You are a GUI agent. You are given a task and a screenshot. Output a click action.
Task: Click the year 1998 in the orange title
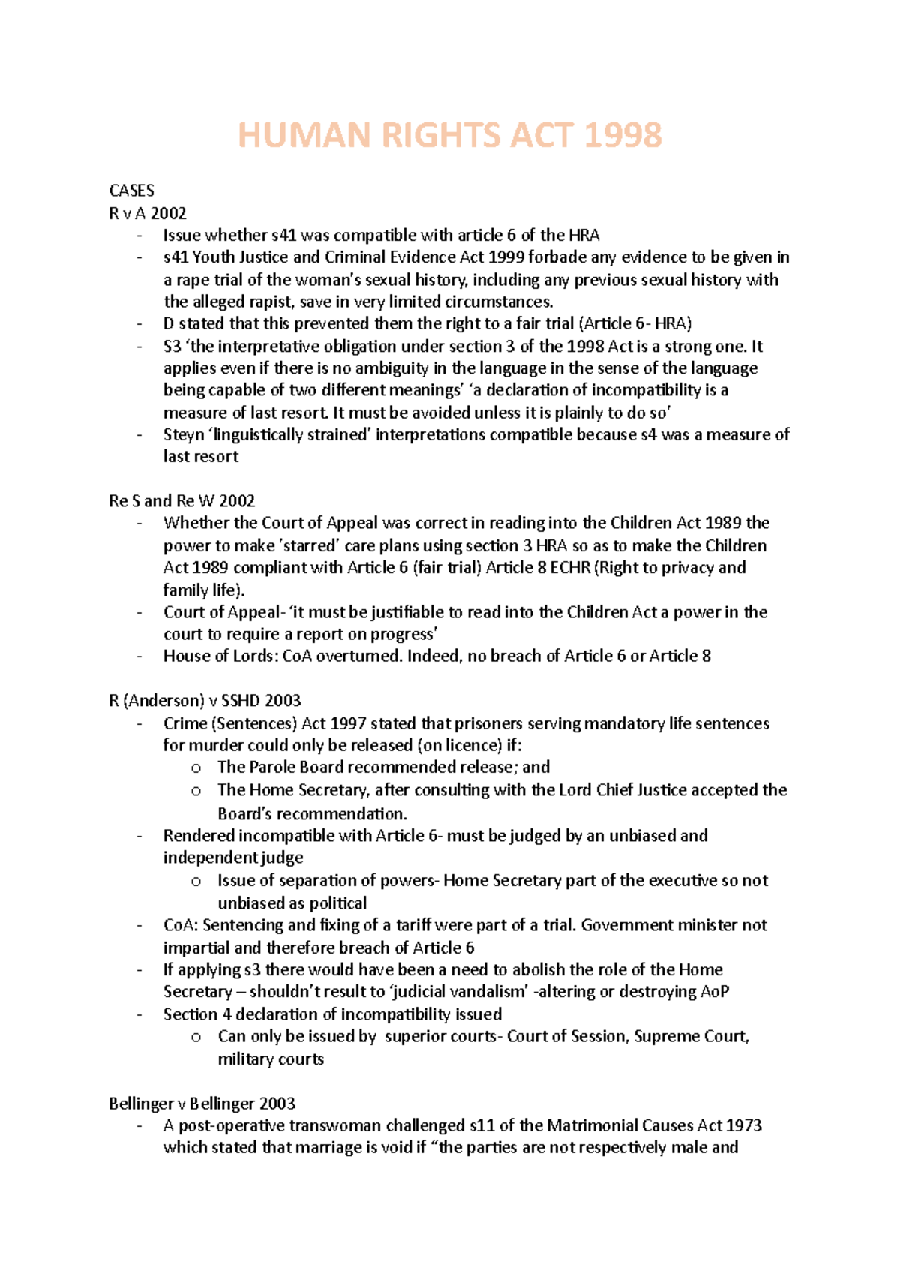pyautogui.click(x=622, y=136)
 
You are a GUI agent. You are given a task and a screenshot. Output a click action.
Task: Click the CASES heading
pyautogui.click(x=131, y=191)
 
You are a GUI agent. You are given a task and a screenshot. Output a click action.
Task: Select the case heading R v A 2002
pyautogui.click(x=148, y=213)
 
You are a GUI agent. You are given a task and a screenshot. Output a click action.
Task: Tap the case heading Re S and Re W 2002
pyautogui.click(x=181, y=501)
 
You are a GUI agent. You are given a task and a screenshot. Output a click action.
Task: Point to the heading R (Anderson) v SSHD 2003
pyautogui.click(x=205, y=701)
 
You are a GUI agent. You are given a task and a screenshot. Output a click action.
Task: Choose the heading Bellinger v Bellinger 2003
pyautogui.click(x=202, y=1104)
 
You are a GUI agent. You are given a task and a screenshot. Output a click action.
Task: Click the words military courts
pyautogui.click(x=271, y=1059)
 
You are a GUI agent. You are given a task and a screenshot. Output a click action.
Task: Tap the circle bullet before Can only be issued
pyautogui.click(x=196, y=1038)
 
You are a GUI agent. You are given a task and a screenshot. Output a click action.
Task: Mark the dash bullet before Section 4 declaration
pyautogui.click(x=139, y=1015)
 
